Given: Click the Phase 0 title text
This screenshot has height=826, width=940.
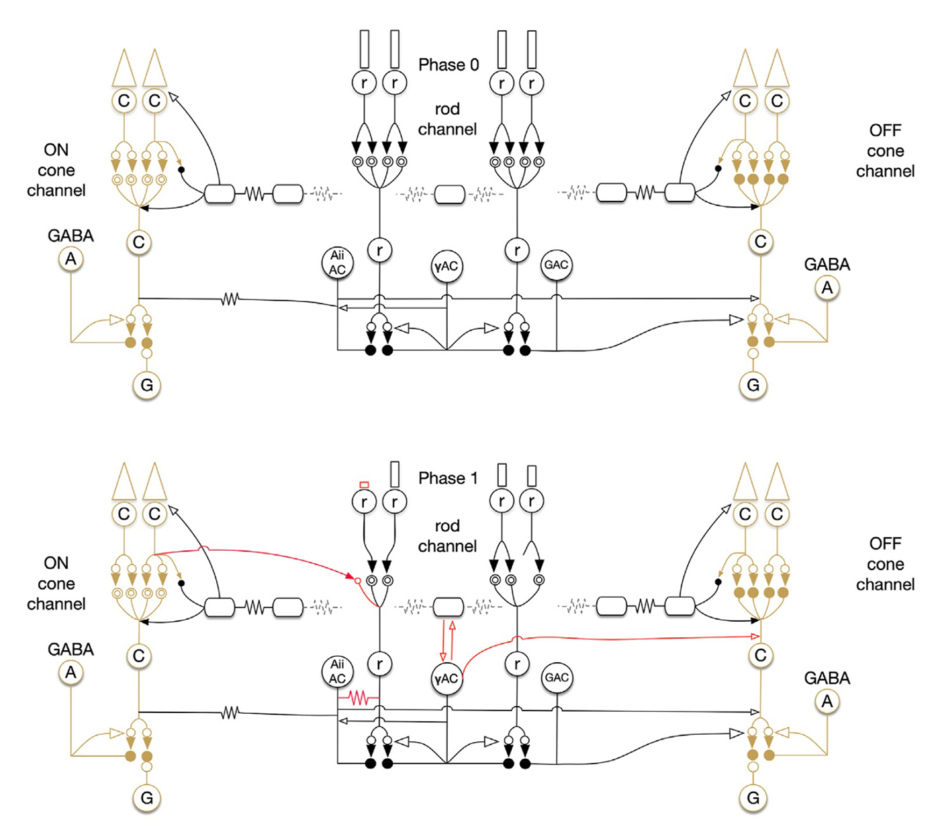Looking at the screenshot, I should tap(449, 65).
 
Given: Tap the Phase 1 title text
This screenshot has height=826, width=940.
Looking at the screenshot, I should tap(449, 478).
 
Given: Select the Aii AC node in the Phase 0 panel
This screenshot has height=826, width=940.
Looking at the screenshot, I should tap(337, 262).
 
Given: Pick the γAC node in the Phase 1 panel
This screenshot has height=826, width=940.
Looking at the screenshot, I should tap(446, 679).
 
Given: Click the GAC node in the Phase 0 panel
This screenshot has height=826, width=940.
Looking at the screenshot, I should tap(557, 265).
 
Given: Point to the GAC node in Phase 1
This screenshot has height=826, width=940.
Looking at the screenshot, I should tap(557, 678).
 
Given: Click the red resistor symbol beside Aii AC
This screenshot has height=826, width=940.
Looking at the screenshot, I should tap(359, 698).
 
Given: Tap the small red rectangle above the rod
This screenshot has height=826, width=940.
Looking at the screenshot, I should tap(364, 484).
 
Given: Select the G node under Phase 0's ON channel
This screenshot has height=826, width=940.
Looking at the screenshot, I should tap(146, 385).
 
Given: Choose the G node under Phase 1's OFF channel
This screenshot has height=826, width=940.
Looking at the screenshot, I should tap(753, 798).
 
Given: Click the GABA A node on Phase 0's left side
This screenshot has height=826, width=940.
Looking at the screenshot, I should tap(70, 259).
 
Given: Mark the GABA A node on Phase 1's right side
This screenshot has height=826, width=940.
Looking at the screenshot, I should tap(827, 701).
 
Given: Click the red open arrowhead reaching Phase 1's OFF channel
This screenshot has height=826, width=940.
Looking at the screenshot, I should tap(755, 636).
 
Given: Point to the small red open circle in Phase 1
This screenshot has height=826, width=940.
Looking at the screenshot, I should tap(358, 580).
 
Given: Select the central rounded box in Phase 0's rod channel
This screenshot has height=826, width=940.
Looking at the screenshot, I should tap(450, 195).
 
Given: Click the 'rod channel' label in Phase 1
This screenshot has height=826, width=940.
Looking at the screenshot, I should tap(447, 536).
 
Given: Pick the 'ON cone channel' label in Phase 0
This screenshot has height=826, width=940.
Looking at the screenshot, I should tap(56, 170).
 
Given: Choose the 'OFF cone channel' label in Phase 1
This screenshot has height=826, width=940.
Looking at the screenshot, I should tap(885, 564).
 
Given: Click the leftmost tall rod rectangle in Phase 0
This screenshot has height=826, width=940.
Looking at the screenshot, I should tap(365, 49).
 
